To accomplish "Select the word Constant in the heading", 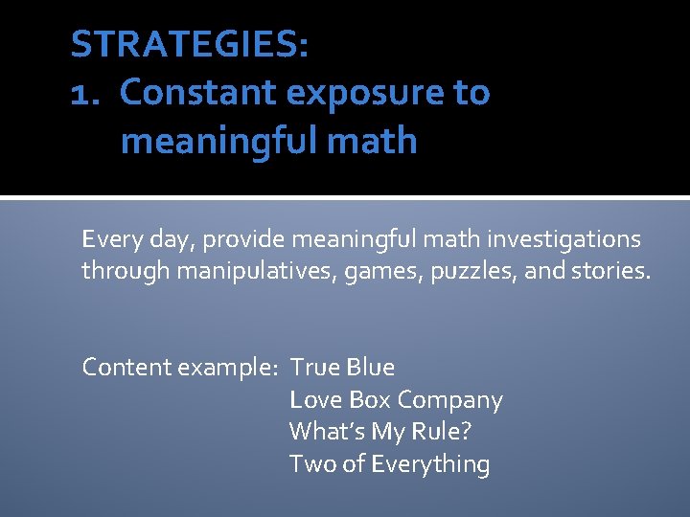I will [x=197, y=93].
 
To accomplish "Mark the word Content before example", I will [x=122, y=368].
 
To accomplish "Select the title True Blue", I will [x=342, y=368].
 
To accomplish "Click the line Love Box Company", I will [x=396, y=400].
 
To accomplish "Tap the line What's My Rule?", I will [x=380, y=432].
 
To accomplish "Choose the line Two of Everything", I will [x=389, y=464].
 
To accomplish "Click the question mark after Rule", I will [x=466, y=432].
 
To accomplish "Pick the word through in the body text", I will [x=122, y=271].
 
